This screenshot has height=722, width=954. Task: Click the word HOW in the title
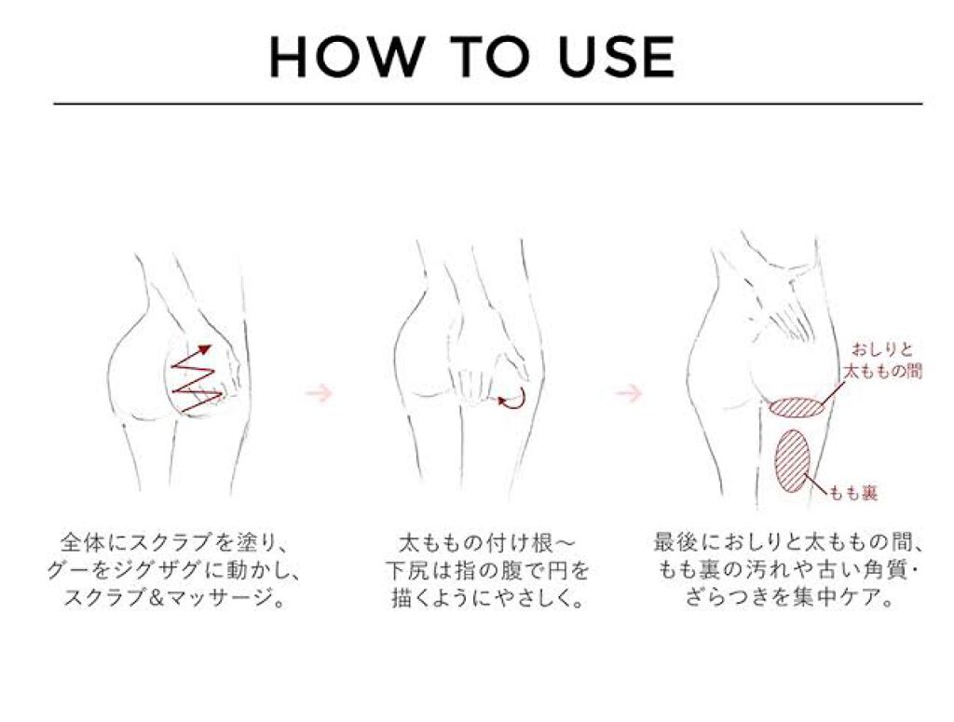click(345, 57)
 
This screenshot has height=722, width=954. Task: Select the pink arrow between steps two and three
click(629, 393)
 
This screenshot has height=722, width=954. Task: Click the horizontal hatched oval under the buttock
click(797, 407)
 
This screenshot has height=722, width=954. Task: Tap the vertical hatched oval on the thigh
click(793, 459)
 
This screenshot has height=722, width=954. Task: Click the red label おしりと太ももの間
click(883, 361)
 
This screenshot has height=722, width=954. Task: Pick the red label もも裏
click(854, 493)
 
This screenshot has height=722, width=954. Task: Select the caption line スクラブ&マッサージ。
click(174, 598)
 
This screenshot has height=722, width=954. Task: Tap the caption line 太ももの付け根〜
click(486, 540)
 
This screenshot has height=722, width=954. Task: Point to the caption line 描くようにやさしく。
click(487, 598)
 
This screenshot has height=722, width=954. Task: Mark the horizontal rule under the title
click(488, 104)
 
